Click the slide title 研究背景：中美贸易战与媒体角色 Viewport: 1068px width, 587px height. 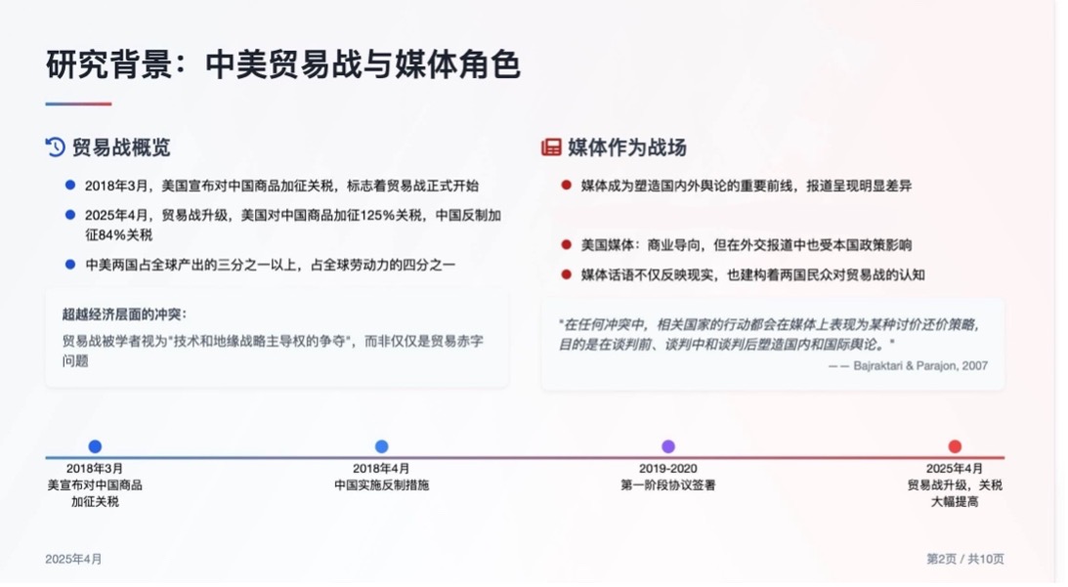[x=282, y=64]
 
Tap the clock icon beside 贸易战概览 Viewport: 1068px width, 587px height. [x=56, y=147]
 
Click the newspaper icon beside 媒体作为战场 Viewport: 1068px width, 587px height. [x=551, y=147]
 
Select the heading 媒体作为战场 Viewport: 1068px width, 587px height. [x=626, y=147]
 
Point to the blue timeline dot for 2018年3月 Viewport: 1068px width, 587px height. [x=95, y=446]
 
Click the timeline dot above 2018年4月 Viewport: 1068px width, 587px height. [x=381, y=446]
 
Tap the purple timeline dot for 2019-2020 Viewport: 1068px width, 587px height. [x=668, y=446]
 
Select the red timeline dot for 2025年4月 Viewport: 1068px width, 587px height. [x=955, y=446]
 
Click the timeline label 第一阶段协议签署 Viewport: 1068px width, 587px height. [x=668, y=484]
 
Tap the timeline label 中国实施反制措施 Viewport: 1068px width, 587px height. [x=381, y=484]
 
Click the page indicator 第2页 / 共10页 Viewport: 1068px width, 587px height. [x=964, y=559]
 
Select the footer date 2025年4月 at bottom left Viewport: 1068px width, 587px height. [x=73, y=559]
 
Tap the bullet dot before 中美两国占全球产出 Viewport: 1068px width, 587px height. [x=70, y=264]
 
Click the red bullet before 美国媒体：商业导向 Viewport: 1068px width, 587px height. [x=566, y=244]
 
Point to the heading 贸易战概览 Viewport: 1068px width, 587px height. [x=121, y=147]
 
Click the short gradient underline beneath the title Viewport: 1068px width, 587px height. [x=78, y=104]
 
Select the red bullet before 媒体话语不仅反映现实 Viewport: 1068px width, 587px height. [x=566, y=273]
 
